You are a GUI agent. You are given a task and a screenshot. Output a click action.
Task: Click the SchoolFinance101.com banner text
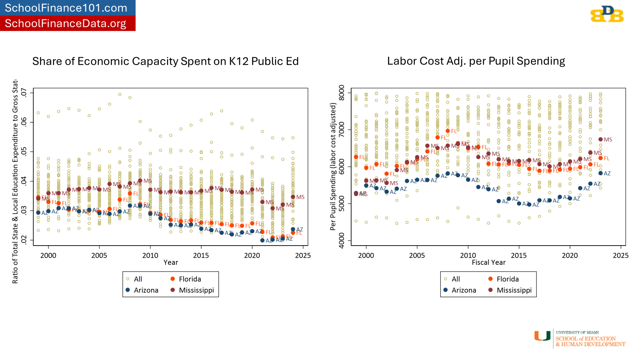pos(66,8)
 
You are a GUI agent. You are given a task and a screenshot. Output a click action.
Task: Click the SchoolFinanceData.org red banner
pos(66,24)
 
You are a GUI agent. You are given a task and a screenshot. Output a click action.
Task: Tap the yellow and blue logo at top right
pos(607,14)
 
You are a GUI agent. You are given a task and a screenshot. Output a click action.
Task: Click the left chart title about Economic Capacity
pos(165,61)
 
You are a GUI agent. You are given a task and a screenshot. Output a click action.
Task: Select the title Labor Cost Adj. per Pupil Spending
pos(476,61)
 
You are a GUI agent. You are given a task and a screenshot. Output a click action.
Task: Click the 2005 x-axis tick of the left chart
pos(99,256)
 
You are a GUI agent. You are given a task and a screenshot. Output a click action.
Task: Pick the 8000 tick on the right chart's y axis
pos(342,93)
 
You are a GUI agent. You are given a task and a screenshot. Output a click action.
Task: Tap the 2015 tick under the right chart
pos(519,256)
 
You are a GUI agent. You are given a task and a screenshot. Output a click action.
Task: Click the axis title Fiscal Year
pos(488,262)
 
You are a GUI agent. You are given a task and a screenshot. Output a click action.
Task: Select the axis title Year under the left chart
pos(170,262)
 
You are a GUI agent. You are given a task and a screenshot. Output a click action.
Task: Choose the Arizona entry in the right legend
pos(464,290)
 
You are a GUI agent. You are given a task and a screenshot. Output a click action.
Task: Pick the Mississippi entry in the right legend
pos(514,290)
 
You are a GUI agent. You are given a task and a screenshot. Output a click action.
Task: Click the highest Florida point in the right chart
pos(448,131)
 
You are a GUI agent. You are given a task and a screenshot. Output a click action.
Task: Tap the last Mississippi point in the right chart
pos(600,140)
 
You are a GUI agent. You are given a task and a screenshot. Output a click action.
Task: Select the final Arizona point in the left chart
pos(293,229)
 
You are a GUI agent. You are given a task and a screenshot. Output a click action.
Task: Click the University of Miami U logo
pos(542,336)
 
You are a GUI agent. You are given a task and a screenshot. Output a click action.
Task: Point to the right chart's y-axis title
pos(333,166)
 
